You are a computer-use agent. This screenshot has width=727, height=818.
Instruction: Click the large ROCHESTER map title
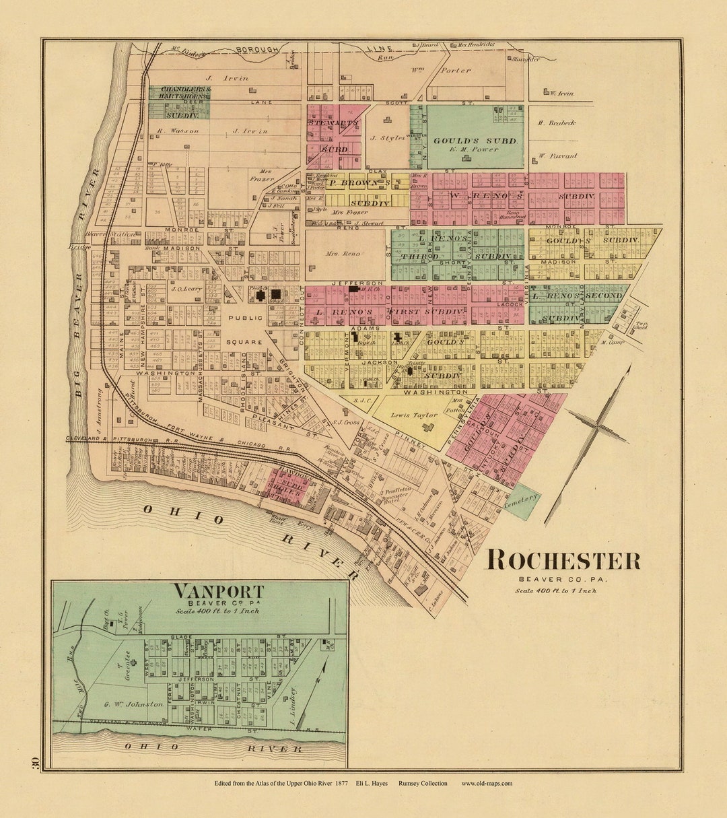coord(563,560)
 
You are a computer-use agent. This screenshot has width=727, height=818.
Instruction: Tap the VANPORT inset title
coord(219,591)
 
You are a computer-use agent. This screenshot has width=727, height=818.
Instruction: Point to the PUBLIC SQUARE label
coord(244,330)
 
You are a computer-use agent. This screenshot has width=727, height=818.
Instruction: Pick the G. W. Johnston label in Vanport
coord(134,704)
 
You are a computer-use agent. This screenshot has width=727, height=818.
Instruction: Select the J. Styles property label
coord(387,138)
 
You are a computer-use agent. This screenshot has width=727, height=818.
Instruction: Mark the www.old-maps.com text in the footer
coord(487,783)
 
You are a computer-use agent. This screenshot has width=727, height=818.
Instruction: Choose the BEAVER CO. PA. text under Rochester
coord(563,579)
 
